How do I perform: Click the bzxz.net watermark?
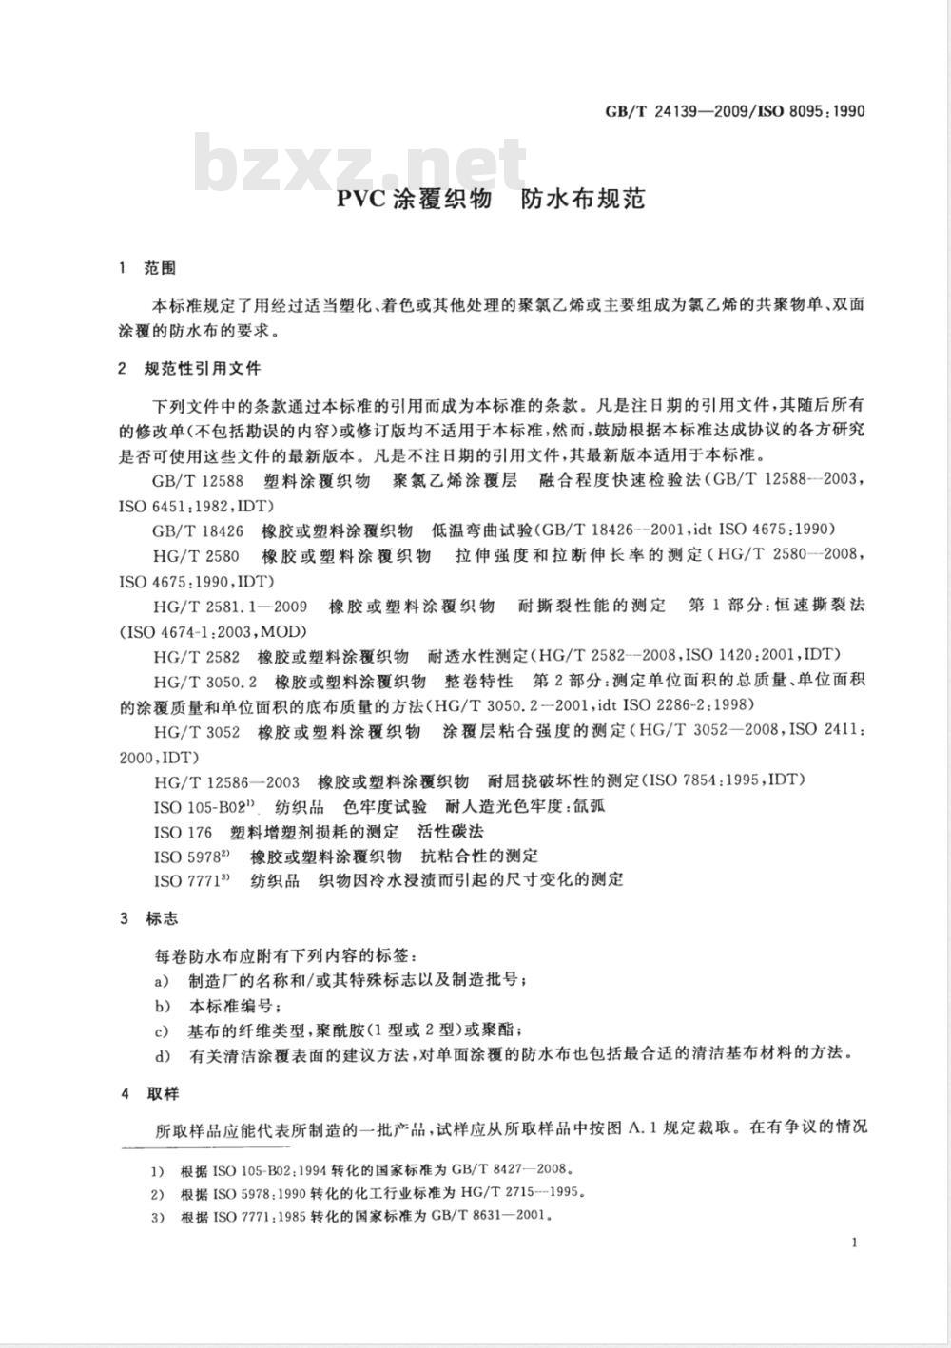(x=361, y=164)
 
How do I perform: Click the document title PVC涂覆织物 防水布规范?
(x=491, y=199)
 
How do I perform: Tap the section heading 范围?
(x=160, y=269)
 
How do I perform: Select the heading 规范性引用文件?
(x=202, y=368)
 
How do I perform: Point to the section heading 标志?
(x=160, y=919)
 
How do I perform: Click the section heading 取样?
(x=160, y=1094)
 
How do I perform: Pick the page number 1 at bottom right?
(x=856, y=1242)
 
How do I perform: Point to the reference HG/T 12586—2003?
(x=225, y=781)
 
